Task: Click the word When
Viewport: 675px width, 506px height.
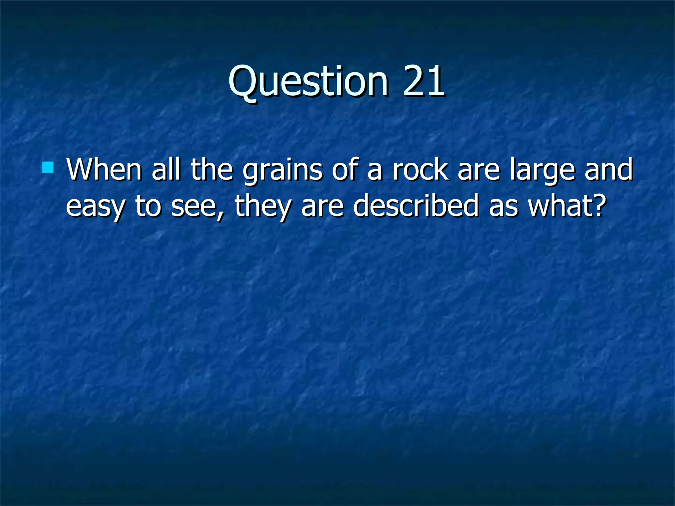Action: (104, 169)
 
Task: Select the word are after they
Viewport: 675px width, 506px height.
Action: (322, 207)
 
